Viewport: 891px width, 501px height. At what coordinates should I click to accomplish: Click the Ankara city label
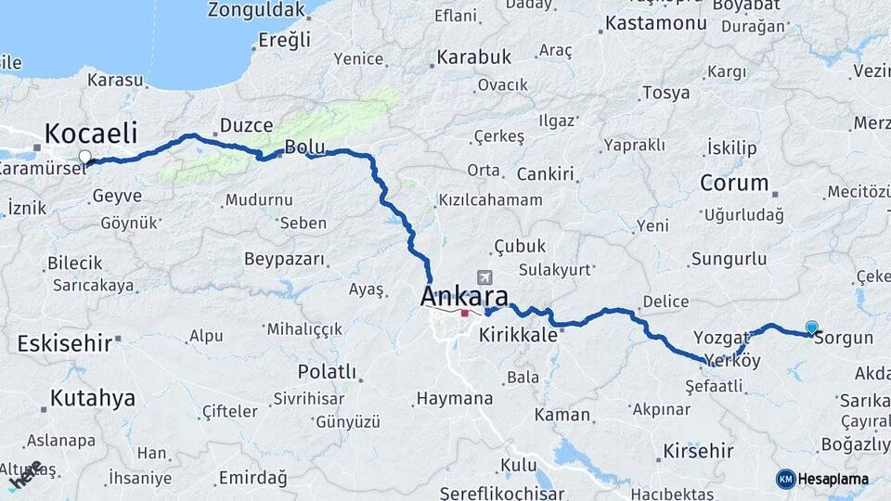point(464,297)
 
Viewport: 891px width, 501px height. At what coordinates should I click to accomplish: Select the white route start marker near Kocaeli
point(85,157)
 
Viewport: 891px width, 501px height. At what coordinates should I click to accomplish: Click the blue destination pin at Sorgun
point(812,328)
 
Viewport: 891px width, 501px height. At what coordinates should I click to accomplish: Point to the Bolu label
point(304,147)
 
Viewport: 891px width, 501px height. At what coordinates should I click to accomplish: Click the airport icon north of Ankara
point(484,277)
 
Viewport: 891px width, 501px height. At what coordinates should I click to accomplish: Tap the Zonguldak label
point(256,10)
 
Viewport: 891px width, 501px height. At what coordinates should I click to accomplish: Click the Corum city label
point(734,183)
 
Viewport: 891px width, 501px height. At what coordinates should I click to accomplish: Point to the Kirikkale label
point(518,335)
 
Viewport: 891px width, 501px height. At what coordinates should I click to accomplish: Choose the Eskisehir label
point(65,343)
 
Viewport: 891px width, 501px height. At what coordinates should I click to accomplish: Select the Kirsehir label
point(698,451)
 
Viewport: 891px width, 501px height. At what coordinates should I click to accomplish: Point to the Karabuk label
point(473,58)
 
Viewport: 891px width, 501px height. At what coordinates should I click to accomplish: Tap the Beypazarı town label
point(284,259)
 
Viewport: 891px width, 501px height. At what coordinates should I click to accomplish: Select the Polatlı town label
point(327,371)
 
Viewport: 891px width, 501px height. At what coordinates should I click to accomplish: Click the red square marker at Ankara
point(464,313)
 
